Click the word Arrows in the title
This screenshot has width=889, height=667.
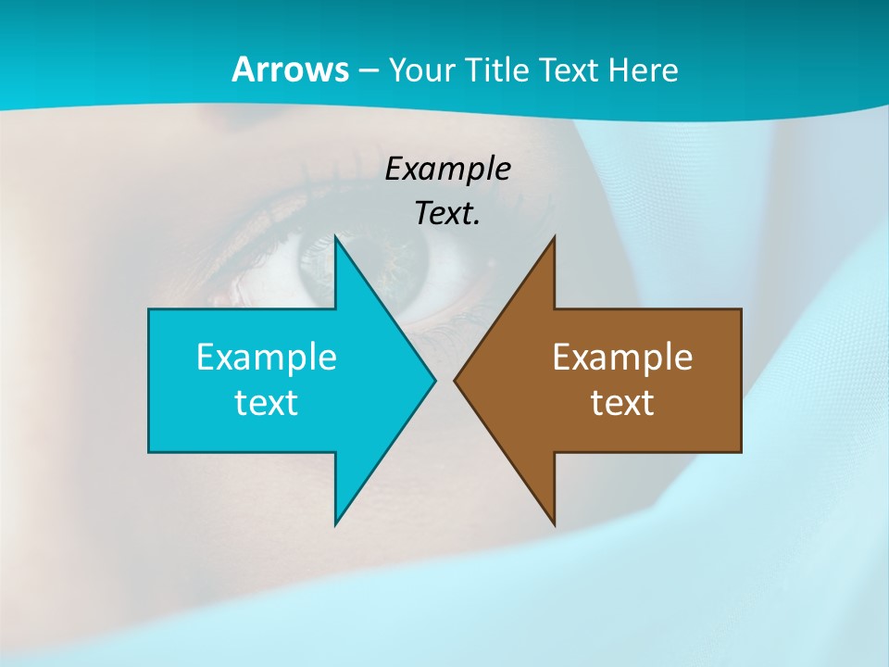pos(289,69)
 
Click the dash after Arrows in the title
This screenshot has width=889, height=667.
pos(367,70)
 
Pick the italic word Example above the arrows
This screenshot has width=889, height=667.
pos(447,170)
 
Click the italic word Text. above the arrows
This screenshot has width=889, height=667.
pos(447,214)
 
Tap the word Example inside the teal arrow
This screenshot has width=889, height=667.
pos(267,357)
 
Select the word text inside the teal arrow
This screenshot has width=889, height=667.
pos(267,402)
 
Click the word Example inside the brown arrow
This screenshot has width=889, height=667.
pos(622,357)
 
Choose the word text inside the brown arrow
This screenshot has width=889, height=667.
pos(622,402)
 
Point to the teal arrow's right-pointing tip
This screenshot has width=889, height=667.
pos(434,380)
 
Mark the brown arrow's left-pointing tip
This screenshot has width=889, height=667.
pos(455,380)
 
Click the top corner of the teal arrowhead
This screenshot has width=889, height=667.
pos(335,236)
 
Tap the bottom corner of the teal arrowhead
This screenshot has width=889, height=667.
pos(335,524)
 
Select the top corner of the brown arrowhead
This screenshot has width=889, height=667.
pos(554,236)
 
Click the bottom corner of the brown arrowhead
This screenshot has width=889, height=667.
pos(554,524)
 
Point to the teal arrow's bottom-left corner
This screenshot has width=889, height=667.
pos(149,452)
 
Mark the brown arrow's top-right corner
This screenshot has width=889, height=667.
pos(741,309)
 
